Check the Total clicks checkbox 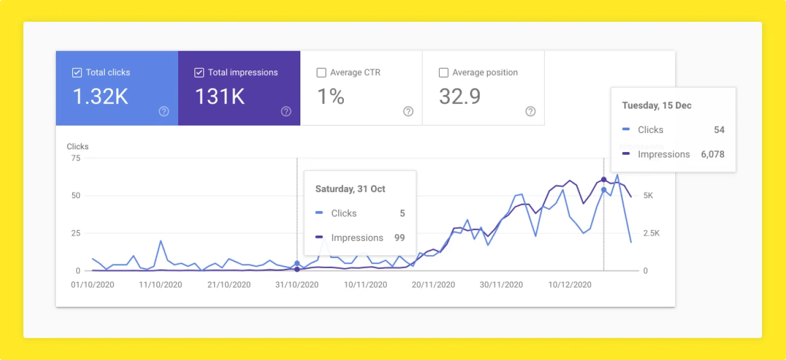tap(77, 73)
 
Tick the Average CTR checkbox tap(322, 73)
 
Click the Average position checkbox tap(444, 73)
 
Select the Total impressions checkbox tap(199, 73)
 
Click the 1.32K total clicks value tap(100, 97)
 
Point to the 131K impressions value tap(219, 97)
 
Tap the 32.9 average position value tap(460, 97)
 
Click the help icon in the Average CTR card tap(408, 111)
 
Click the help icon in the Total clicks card tap(164, 111)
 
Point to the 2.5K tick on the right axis tap(651, 233)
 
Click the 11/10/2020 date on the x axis tap(160, 285)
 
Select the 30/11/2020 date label tap(500, 285)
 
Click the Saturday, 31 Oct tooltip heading tap(350, 189)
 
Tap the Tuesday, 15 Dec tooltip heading tap(657, 105)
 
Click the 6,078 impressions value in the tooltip tap(712, 154)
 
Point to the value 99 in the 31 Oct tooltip tap(399, 238)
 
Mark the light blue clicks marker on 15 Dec tap(603, 190)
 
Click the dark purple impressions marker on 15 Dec tap(603, 180)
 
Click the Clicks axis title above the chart tap(78, 147)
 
